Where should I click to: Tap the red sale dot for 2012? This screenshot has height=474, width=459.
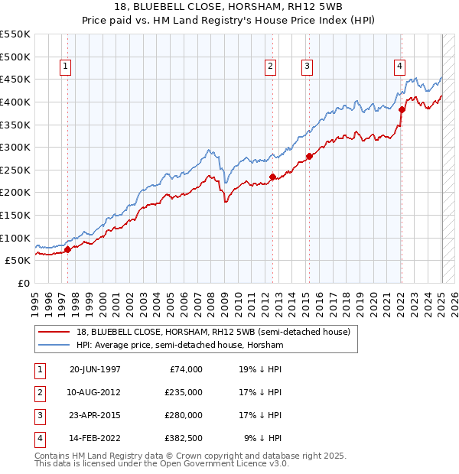[x=272, y=177]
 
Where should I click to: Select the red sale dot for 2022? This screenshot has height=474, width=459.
[x=402, y=109]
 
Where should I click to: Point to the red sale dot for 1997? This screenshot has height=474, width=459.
[x=67, y=249]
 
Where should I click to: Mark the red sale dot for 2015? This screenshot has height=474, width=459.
[x=309, y=156]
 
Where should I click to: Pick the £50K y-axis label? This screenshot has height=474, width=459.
[x=18, y=260]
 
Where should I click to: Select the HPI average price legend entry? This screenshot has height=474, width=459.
[x=180, y=346]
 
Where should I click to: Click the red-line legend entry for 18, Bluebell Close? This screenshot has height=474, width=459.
[x=213, y=332]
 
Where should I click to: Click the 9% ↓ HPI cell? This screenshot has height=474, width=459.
[x=262, y=438]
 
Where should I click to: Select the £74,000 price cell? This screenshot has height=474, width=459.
[x=187, y=369]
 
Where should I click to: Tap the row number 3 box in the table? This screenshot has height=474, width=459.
[x=39, y=415]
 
